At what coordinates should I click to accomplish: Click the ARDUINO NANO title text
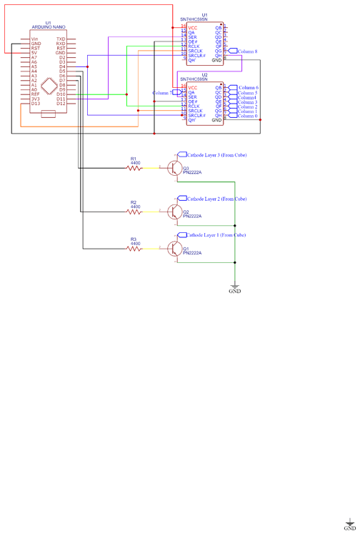[49, 26]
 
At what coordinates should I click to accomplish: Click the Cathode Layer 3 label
[216, 154]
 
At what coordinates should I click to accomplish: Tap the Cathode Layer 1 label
[216, 234]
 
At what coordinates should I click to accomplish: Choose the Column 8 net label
[246, 51]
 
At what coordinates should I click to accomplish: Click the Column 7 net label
[162, 93]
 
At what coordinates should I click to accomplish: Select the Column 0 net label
[247, 116]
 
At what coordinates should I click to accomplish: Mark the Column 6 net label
[247, 87]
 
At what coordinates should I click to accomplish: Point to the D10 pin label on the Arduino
[61, 94]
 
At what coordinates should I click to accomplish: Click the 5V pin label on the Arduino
[34, 53]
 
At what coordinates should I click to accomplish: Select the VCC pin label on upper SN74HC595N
[193, 27]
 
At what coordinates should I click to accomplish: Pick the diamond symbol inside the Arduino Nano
[49, 86]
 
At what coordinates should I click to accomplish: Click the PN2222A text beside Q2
[192, 216]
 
